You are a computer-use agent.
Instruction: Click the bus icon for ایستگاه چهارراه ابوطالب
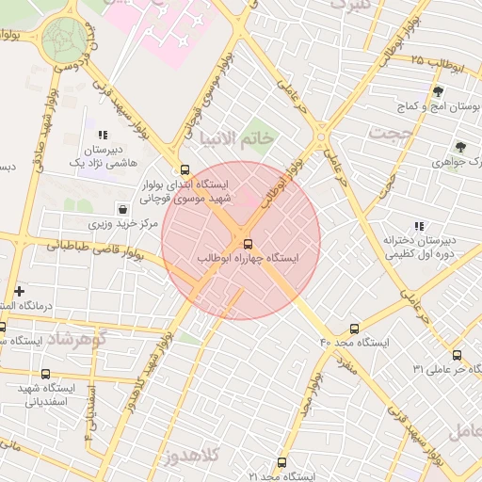click(248, 244)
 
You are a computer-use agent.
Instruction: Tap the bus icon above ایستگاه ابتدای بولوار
click(184, 170)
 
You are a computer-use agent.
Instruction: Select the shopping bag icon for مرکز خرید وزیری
click(122, 208)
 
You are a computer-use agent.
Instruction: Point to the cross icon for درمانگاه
click(19, 291)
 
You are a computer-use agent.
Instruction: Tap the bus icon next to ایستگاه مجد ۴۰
click(354, 329)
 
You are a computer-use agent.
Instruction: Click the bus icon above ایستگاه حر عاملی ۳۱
click(457, 355)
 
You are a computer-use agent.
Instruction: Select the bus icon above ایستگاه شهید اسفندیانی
click(45, 374)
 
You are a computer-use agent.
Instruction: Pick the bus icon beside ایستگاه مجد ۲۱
click(281, 462)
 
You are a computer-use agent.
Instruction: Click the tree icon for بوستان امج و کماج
click(438, 91)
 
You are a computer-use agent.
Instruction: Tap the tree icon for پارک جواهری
click(459, 147)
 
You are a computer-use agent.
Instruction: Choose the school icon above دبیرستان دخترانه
click(419, 226)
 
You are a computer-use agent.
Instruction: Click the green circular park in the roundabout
click(64, 39)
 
